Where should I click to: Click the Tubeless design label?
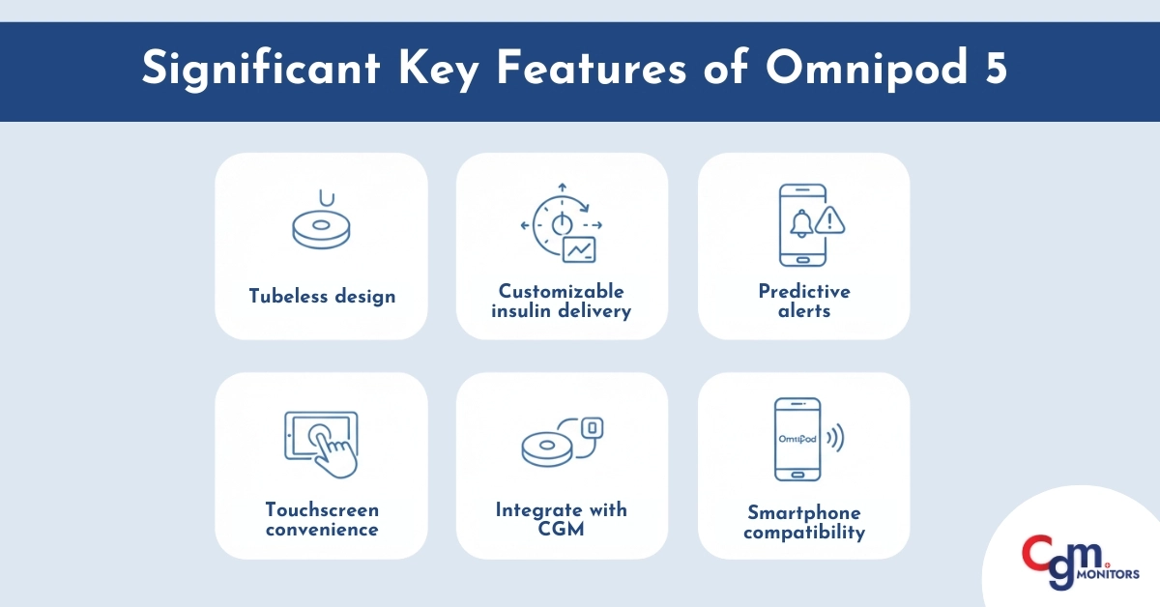tap(321, 296)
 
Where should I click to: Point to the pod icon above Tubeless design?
tap(320, 228)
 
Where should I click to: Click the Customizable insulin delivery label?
tap(562, 301)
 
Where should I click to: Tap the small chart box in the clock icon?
tap(579, 249)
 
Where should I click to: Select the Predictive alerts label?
tap(803, 301)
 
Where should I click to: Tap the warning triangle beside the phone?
tap(829, 221)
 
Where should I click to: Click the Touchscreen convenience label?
tap(321, 519)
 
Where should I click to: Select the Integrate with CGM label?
tap(562, 519)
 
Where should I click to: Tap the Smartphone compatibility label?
tap(803, 522)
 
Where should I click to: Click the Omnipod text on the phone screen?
tap(797, 438)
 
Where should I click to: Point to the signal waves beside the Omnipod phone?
tap(835, 439)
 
